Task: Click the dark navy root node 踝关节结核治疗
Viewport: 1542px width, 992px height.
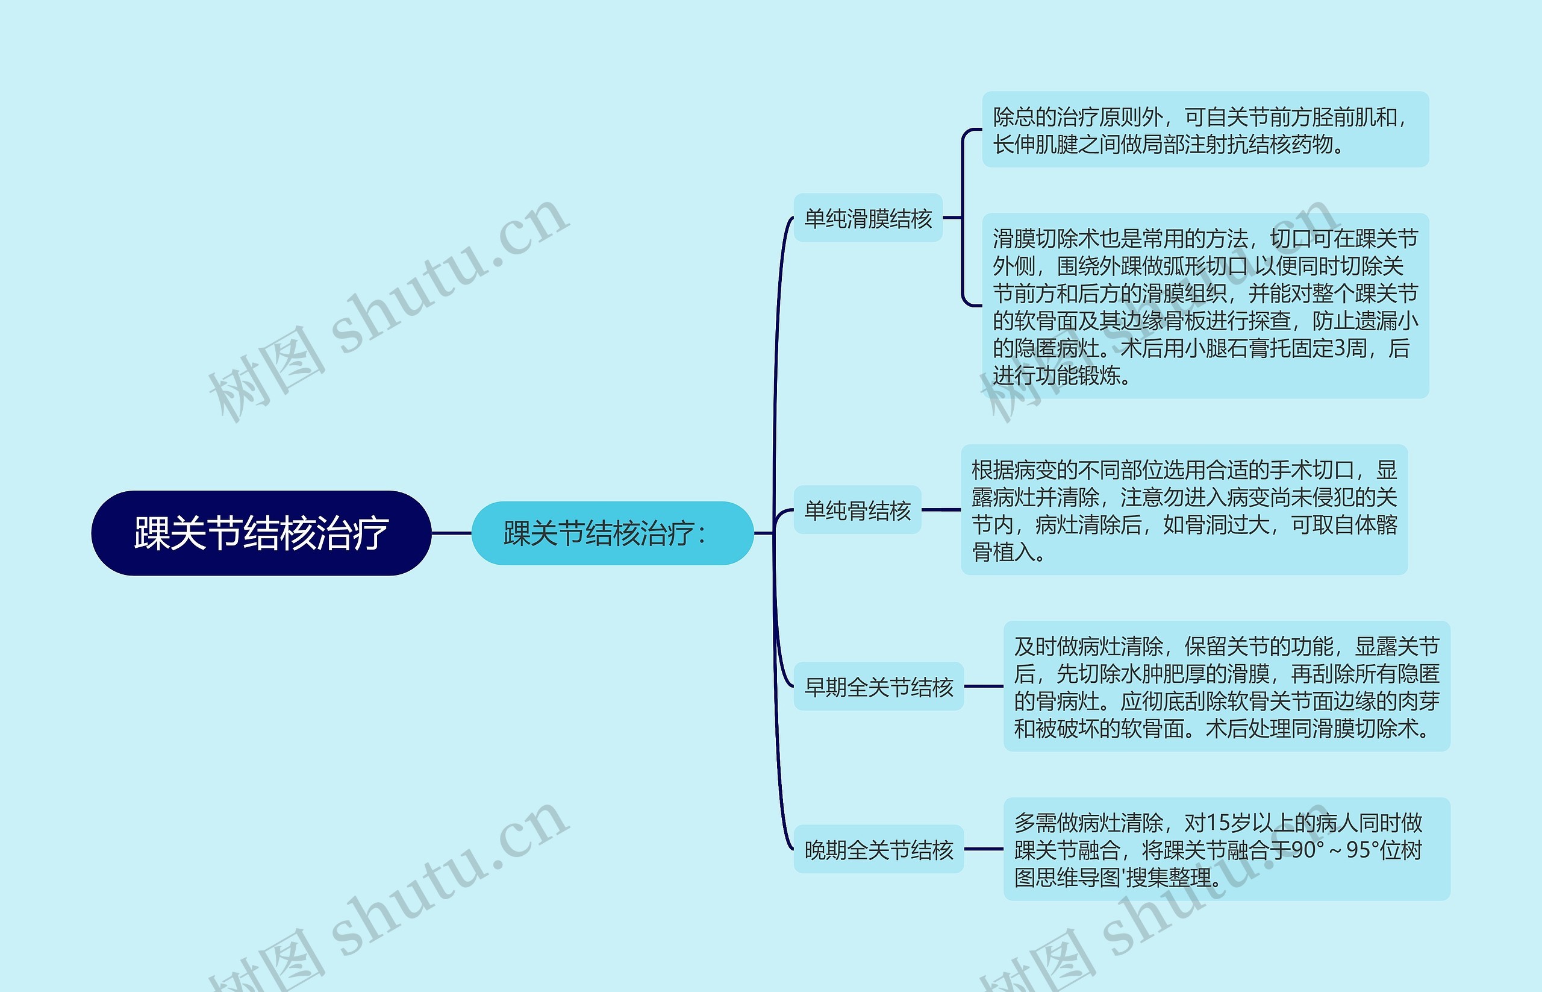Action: click(x=261, y=533)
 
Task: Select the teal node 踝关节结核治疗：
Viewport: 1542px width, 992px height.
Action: click(x=611, y=533)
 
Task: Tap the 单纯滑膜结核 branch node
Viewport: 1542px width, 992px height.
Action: click(x=867, y=218)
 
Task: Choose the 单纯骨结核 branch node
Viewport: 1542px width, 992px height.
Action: click(x=857, y=510)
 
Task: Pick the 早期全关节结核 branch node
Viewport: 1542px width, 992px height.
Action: click(x=878, y=686)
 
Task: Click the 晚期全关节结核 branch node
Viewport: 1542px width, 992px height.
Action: click(x=878, y=850)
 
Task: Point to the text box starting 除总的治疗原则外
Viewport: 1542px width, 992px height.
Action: click(x=1205, y=130)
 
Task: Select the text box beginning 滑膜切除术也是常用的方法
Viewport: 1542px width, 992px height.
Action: click(x=1205, y=307)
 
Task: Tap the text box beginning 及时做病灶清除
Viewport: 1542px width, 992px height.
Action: click(x=1226, y=686)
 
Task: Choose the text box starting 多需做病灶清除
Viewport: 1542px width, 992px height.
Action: click(x=1226, y=850)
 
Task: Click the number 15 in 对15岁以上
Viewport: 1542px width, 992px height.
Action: click(x=1217, y=823)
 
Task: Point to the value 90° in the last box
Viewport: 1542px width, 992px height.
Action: click(x=1308, y=850)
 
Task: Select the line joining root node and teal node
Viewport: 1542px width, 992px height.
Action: click(x=451, y=533)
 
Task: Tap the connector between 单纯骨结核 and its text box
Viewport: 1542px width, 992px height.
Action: click(x=941, y=510)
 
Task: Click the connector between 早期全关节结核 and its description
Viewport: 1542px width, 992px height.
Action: click(x=983, y=686)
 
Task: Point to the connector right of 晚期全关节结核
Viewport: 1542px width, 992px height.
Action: click(x=983, y=850)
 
